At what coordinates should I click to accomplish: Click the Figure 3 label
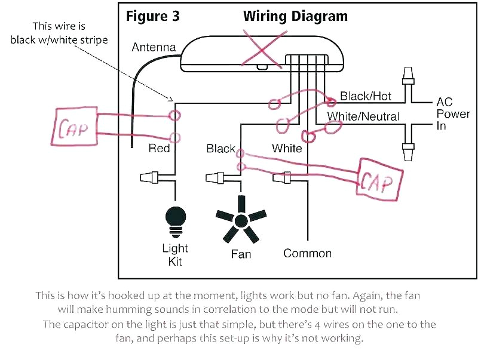[152, 16]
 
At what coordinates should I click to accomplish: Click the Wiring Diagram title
[295, 16]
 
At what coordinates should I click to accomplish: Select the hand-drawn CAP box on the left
[76, 126]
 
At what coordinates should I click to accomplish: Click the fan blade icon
[241, 221]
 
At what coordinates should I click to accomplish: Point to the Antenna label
[154, 47]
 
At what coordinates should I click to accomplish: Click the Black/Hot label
[365, 96]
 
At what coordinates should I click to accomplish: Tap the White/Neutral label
[363, 116]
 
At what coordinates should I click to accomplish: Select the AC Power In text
[452, 114]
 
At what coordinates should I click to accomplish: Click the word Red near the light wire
[159, 148]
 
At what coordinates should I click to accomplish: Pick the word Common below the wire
[307, 253]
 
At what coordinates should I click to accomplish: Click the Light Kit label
[175, 254]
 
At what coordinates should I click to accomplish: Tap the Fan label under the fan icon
[241, 254]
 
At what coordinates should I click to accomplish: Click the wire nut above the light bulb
[151, 177]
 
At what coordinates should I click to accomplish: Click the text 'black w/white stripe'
[59, 40]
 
